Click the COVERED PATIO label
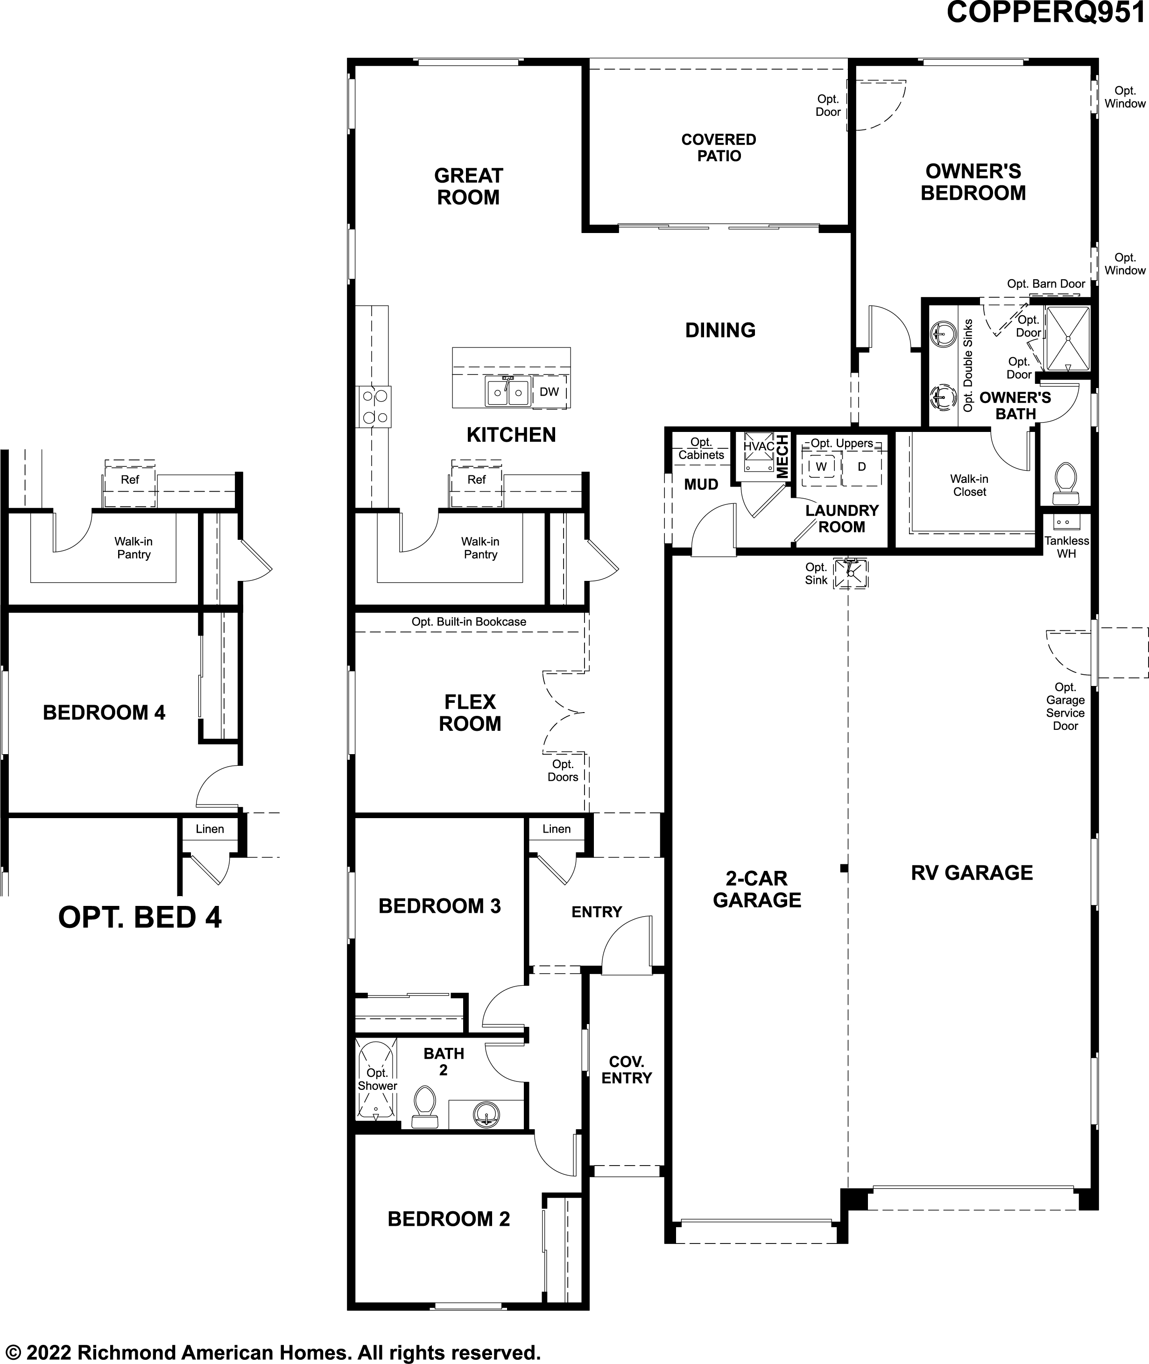click(x=719, y=148)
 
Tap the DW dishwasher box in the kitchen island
click(x=549, y=391)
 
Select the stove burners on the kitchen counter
click(x=374, y=406)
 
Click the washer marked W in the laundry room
click(x=821, y=466)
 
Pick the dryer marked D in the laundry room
click(x=862, y=466)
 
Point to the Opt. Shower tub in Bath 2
click(x=376, y=1079)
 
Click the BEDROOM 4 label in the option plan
click(x=104, y=712)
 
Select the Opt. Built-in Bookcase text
click(x=468, y=622)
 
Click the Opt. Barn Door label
click(x=1046, y=283)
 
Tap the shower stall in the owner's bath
click(x=1067, y=338)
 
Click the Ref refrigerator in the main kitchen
click(x=476, y=480)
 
